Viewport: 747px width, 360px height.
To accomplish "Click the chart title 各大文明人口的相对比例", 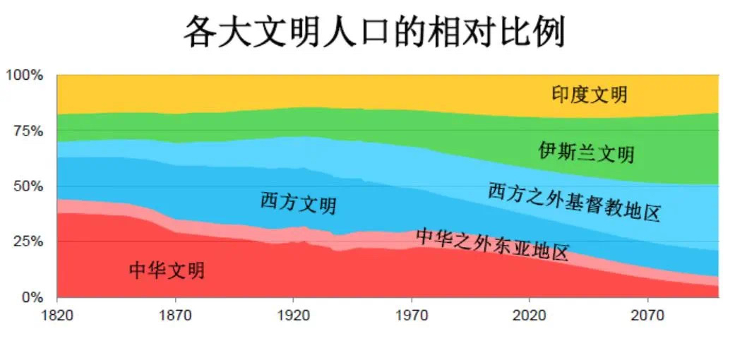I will point(374,32).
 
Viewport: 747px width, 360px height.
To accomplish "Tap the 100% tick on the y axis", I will point(25,75).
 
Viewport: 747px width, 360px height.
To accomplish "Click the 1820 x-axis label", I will point(58,316).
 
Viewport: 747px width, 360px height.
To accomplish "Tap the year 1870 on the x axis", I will point(176,316).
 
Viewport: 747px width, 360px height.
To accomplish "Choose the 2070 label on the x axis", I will point(647,316).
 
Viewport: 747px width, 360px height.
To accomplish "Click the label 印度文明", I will point(589,94).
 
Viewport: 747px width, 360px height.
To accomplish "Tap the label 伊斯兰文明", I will point(586,152).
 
